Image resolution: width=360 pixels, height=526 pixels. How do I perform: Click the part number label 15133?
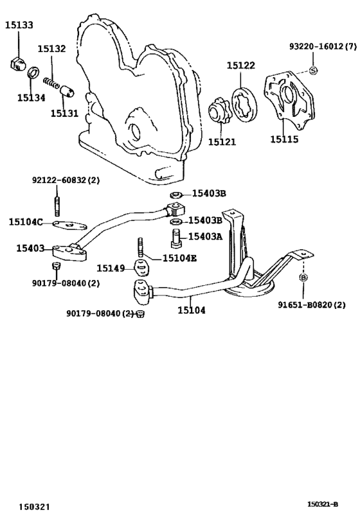tap(19, 25)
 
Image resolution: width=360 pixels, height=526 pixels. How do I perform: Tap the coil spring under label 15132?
tap(51, 82)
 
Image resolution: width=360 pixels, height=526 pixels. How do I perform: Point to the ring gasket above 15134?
tap(33, 72)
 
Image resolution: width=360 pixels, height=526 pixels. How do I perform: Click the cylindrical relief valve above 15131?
tap(67, 91)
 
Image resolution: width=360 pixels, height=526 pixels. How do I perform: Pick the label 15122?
tap(241, 66)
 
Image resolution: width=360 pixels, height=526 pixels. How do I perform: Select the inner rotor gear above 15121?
tap(219, 110)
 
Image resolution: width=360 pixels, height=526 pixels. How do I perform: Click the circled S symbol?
tap(313, 71)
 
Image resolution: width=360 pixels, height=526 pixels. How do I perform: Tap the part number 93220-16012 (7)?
tap(323, 47)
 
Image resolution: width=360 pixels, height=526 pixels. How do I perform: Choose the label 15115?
tap(284, 139)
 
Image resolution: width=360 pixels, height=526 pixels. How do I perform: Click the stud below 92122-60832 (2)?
tap(57, 206)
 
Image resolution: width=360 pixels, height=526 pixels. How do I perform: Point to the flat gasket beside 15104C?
tap(70, 225)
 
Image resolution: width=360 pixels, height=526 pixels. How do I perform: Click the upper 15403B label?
tap(209, 193)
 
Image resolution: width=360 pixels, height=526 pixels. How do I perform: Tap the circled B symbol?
tap(303, 277)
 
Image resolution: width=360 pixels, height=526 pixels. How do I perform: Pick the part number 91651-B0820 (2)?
tap(312, 305)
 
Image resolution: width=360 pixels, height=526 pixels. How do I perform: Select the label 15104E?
tap(179, 258)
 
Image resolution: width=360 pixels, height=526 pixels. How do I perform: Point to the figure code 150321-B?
tap(322, 504)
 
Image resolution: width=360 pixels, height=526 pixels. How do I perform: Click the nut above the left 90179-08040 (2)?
tap(57, 267)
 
